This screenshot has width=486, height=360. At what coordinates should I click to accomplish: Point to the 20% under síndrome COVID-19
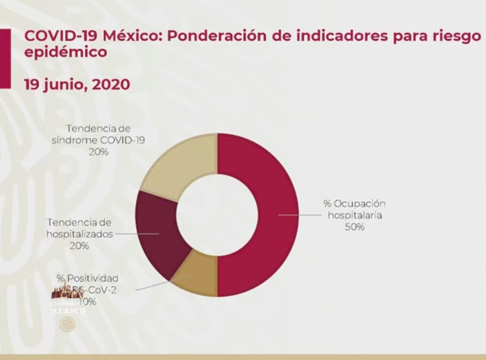click(x=98, y=152)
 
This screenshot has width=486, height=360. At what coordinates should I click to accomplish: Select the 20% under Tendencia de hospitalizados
click(x=79, y=246)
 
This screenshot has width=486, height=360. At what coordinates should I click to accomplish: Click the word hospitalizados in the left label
click(x=79, y=234)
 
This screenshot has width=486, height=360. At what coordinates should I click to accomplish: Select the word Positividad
click(x=93, y=278)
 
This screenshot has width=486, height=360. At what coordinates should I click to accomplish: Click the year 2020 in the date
click(x=110, y=84)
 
